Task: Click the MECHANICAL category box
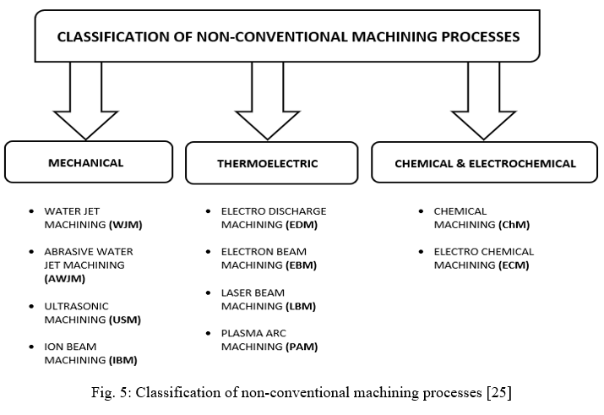click(89, 161)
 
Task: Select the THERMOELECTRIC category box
click(271, 163)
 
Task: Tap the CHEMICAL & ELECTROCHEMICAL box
click(485, 162)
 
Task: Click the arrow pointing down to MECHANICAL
click(86, 101)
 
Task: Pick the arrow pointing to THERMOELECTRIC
click(267, 101)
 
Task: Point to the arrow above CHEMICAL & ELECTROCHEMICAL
click(483, 101)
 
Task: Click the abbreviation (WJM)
click(126, 225)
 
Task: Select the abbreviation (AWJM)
click(65, 279)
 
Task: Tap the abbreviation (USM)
click(125, 319)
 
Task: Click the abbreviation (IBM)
click(122, 360)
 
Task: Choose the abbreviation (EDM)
click(302, 225)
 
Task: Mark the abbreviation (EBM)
click(302, 265)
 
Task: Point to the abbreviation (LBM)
click(301, 306)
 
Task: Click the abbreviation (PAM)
click(302, 347)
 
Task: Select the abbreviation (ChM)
click(514, 225)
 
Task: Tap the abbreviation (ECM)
click(514, 265)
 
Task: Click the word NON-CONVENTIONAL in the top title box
click(272, 36)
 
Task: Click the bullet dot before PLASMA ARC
click(209, 334)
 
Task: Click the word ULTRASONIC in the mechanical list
click(76, 306)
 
